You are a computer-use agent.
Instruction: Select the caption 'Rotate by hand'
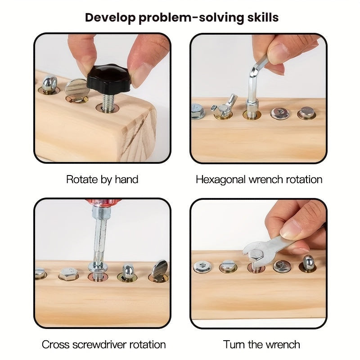(102, 180)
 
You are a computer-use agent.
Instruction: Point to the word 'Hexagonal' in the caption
(220, 180)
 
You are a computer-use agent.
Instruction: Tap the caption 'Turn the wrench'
(261, 345)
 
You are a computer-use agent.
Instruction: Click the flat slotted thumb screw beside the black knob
(77, 90)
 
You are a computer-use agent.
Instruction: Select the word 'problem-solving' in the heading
(191, 18)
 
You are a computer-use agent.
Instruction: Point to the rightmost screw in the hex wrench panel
(307, 113)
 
